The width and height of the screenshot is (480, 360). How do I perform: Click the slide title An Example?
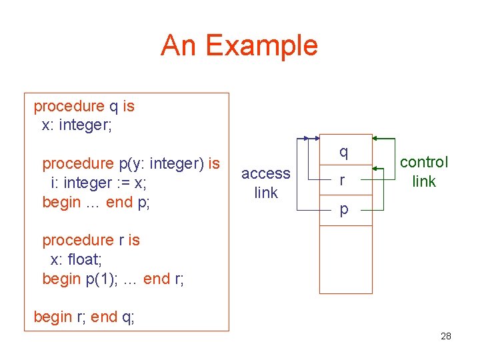click(x=239, y=46)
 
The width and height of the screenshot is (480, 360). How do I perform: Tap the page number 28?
click(x=446, y=336)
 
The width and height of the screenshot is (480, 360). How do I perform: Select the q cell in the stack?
click(x=344, y=152)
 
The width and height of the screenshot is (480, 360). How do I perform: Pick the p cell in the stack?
click(x=344, y=209)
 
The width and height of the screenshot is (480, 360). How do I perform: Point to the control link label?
click(x=423, y=171)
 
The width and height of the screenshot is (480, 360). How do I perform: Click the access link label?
click(x=265, y=183)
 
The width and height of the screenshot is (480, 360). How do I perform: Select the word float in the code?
click(x=81, y=259)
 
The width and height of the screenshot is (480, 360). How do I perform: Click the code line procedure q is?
click(x=84, y=106)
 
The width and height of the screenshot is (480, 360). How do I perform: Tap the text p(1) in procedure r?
click(x=100, y=279)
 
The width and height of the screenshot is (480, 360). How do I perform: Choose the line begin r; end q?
click(x=84, y=317)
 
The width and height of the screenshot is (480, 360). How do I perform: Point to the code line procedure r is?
click(x=91, y=240)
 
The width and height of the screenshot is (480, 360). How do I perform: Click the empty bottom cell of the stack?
click(x=345, y=259)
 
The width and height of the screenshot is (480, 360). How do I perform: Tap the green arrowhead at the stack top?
click(x=375, y=139)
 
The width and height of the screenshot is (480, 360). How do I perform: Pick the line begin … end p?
click(x=96, y=202)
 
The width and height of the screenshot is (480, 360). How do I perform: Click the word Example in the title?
click(x=261, y=46)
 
